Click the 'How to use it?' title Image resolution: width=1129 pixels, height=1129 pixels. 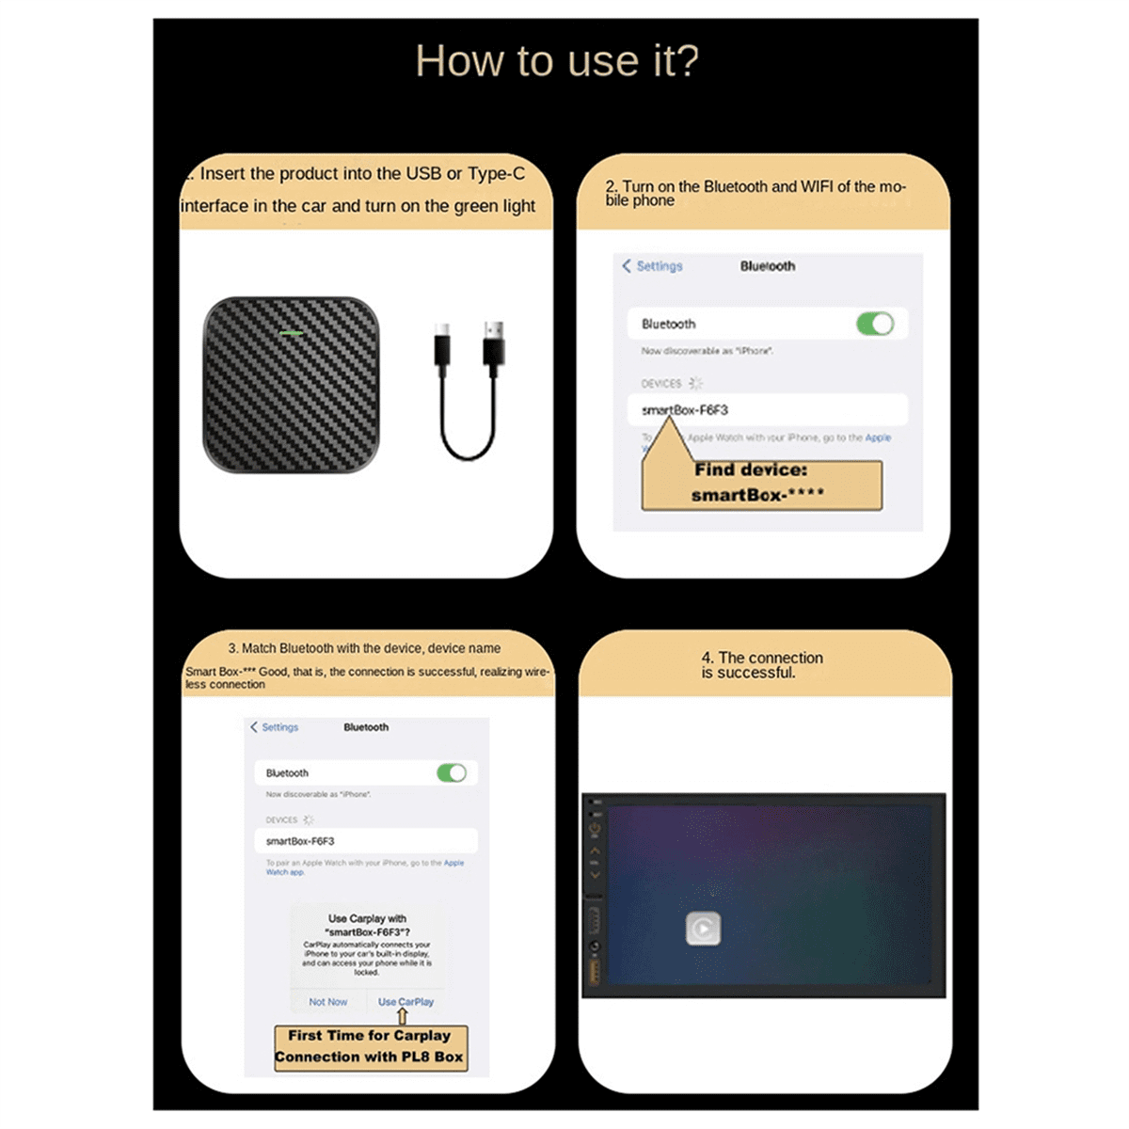557,62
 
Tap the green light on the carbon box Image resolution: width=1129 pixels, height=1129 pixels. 291,333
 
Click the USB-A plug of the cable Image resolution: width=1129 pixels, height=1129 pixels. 494,343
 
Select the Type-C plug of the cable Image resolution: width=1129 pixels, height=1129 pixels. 442,345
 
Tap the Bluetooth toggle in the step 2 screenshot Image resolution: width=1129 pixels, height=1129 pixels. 875,324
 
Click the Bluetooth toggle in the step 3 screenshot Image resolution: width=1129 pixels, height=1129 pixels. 452,772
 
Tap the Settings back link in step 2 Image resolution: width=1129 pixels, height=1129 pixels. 652,266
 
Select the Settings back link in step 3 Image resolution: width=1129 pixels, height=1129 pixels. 275,727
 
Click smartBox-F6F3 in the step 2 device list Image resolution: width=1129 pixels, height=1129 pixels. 685,410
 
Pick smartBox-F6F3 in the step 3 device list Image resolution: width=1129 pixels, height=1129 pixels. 300,841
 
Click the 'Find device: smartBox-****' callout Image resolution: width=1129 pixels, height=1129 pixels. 760,484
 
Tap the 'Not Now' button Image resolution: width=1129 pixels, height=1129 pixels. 327,1002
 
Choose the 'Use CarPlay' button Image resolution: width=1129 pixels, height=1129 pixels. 405,1002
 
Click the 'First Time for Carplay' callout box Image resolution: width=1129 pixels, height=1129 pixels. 370,1046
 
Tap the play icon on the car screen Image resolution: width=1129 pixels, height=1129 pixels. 703,930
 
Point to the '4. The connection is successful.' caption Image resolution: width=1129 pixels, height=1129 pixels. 761,665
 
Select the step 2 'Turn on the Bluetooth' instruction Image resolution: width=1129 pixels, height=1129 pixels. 755,193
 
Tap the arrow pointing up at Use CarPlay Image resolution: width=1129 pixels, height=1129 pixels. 403,1016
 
